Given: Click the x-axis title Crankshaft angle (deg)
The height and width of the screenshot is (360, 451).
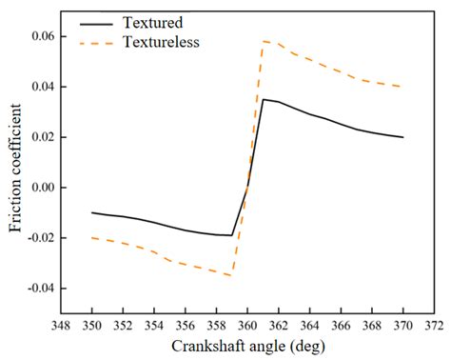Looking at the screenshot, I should pos(247,345).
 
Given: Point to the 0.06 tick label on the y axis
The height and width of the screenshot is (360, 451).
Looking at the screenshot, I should pos(44,36).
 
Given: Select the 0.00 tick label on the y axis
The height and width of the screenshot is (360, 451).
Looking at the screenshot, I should pos(44,188).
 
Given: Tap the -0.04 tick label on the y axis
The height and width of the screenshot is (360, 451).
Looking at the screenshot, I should pos(41,289).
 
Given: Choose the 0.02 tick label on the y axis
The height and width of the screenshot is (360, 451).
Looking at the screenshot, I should pos(44,137).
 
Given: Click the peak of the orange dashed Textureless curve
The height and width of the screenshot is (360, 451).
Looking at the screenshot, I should pos(264,41).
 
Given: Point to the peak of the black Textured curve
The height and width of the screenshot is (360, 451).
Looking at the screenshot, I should pos(263,99).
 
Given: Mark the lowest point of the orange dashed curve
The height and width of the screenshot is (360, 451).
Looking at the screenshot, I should pos(231,275).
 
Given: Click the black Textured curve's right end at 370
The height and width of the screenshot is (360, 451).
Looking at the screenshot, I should pos(402,137).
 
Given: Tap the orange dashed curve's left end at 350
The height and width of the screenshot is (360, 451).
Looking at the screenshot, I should pos(92,237).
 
